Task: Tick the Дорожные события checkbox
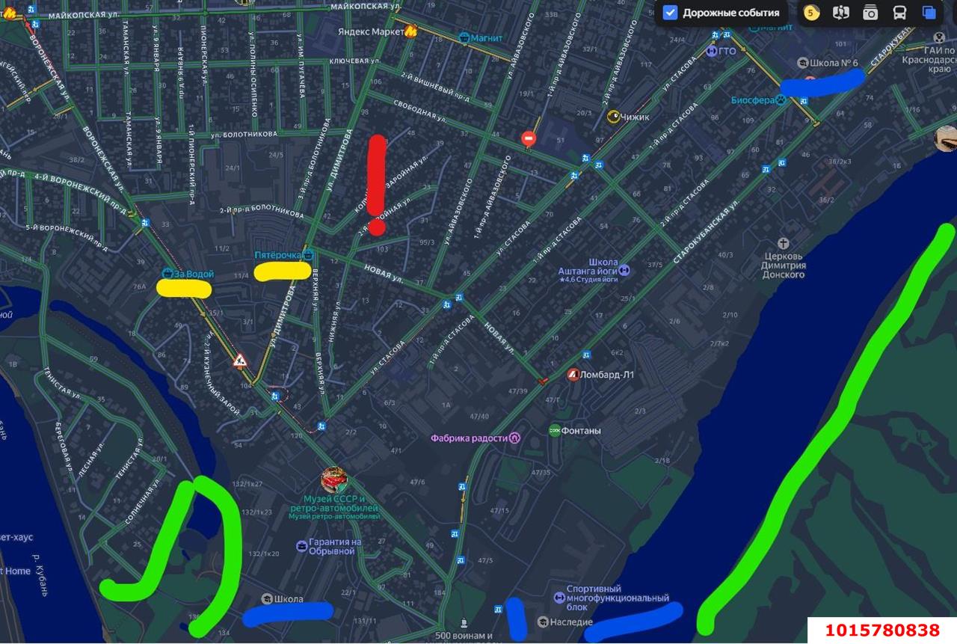click(x=671, y=13)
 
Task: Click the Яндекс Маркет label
click(x=370, y=31)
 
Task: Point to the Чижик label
click(x=634, y=117)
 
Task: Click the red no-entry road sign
click(x=529, y=139)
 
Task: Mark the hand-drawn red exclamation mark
click(x=377, y=184)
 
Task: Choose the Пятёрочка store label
click(x=280, y=255)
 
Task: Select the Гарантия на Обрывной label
click(x=330, y=546)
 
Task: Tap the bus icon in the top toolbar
click(x=899, y=13)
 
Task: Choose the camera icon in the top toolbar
click(x=870, y=13)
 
